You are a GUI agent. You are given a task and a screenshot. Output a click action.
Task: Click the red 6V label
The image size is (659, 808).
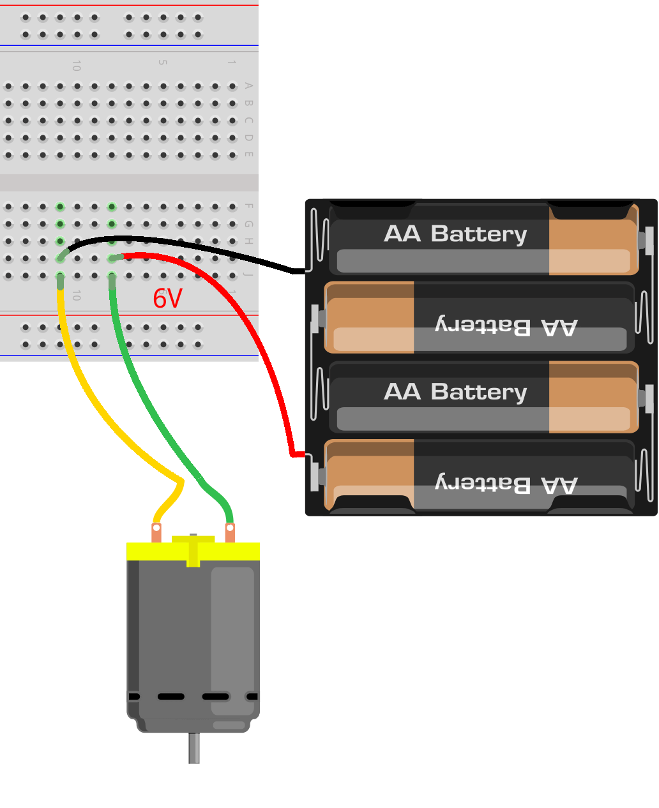[167, 299]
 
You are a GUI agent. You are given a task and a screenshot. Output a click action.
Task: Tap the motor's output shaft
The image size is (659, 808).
[194, 748]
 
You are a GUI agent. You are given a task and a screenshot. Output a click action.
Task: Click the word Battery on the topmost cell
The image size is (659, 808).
[479, 234]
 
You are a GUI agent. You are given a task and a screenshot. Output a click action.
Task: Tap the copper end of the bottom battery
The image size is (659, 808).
[369, 475]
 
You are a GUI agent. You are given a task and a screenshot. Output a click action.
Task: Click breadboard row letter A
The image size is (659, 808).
[249, 86]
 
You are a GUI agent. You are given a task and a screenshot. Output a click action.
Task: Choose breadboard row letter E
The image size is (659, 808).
[249, 154]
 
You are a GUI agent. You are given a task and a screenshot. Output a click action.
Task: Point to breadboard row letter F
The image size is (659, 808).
[249, 206]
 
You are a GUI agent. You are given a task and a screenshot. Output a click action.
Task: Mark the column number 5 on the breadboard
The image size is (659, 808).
[162, 63]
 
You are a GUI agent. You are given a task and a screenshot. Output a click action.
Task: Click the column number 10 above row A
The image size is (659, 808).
[77, 65]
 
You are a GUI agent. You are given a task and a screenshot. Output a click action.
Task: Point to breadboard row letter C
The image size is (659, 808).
[249, 120]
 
